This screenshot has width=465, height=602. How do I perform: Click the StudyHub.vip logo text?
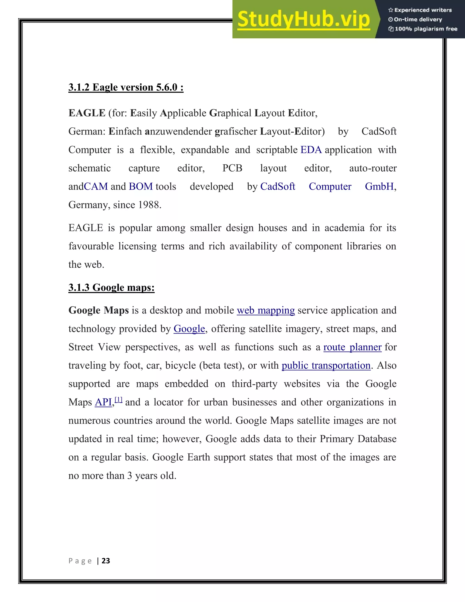304,19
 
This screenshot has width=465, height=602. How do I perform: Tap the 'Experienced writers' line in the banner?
420,10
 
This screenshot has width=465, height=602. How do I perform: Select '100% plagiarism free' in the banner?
423,29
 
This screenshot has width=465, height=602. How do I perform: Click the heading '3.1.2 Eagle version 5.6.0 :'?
126,87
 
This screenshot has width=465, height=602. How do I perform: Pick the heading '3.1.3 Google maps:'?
111,288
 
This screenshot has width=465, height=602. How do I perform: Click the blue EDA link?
311,150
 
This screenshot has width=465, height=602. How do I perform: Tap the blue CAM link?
96,187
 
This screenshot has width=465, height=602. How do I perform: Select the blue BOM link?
141,187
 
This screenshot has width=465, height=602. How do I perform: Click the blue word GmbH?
379,187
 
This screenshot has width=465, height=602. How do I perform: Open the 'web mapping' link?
266,311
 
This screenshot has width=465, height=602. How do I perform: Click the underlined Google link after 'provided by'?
189,329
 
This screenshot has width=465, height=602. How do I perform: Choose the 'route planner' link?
352,347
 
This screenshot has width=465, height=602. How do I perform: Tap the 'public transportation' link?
326,366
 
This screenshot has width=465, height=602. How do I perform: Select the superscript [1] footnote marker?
119,400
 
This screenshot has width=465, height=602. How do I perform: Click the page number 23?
106,561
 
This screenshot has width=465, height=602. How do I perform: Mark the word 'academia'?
344,228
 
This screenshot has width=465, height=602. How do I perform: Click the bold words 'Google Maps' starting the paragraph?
99,311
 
